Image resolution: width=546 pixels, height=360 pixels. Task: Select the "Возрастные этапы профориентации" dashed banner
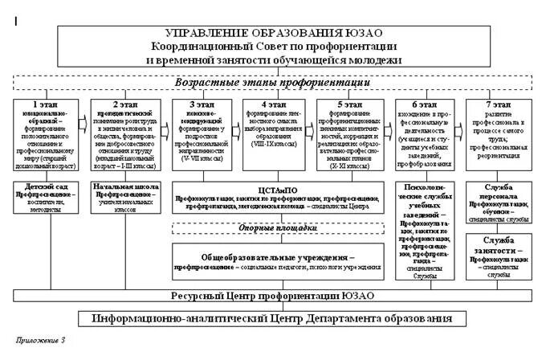click(272, 82)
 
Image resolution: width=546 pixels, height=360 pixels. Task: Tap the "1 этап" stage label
click(44, 104)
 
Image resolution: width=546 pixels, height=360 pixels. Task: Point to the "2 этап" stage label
click(126, 104)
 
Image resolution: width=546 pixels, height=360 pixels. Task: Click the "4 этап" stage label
click(273, 104)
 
